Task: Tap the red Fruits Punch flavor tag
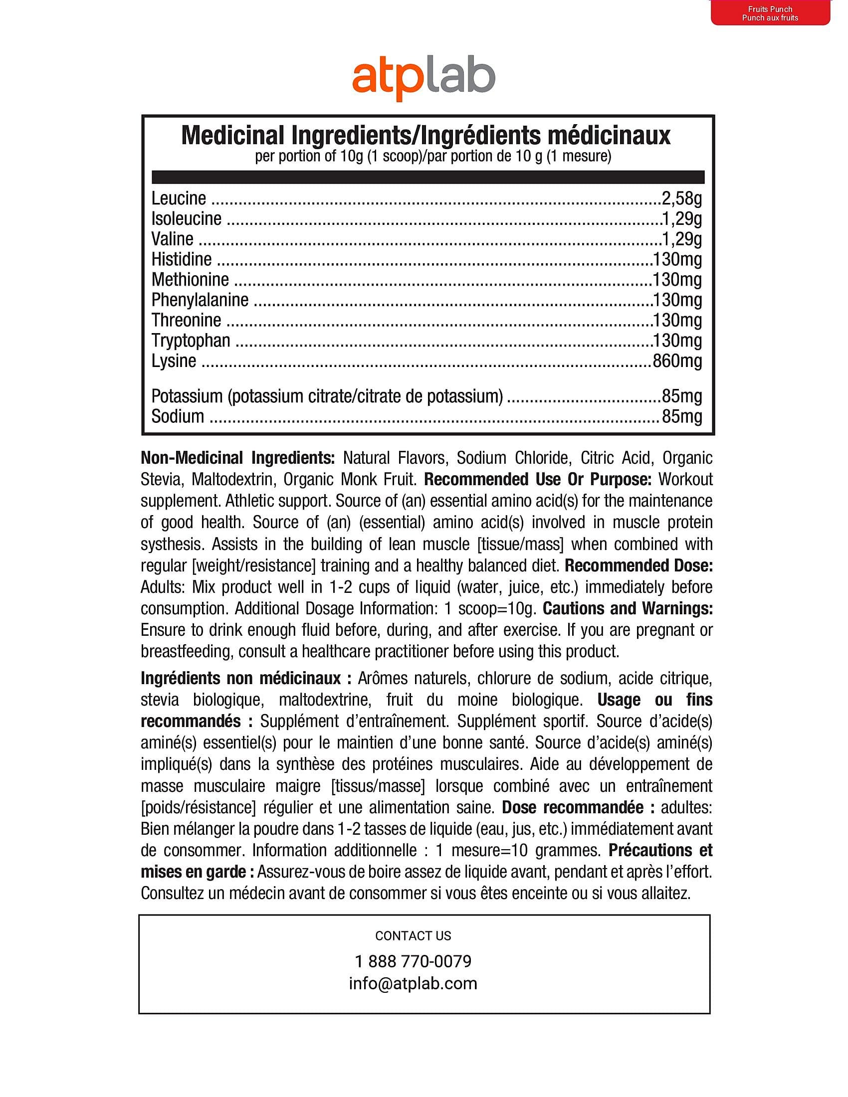pos(770,13)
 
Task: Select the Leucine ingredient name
pos(179,198)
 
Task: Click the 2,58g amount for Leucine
pos(682,198)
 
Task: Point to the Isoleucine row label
pos(187,218)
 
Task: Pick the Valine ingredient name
pos(172,239)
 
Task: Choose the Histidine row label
pos(182,259)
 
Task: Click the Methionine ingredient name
pos(190,280)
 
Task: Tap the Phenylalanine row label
pos(200,300)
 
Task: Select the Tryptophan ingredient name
pos(191,341)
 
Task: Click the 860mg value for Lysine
pos(677,361)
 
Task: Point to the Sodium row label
pos(178,416)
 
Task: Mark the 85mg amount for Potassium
pos(682,396)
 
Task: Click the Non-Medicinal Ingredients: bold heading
pos(237,458)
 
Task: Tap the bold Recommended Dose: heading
pos(638,565)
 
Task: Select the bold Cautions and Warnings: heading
pos(628,608)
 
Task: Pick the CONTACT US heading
pos(413,936)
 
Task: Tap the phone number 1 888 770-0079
pos(413,961)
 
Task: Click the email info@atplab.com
pos(413,983)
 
